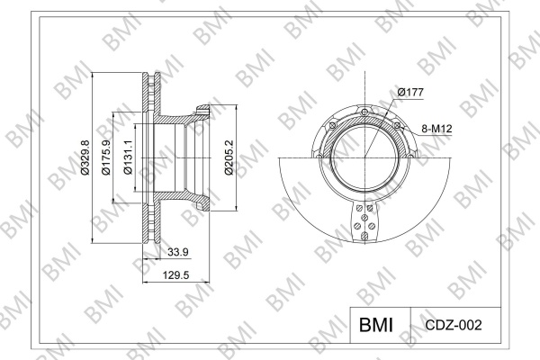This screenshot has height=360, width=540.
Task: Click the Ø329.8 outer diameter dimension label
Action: [85, 157]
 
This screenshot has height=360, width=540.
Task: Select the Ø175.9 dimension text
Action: [106, 157]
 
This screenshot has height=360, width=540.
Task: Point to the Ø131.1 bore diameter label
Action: [128, 157]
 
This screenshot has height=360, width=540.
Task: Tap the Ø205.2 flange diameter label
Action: [229, 157]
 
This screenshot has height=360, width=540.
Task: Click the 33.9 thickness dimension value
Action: [178, 252]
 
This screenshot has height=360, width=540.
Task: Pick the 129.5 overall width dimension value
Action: [176, 275]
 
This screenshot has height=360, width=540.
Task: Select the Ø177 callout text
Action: [410, 93]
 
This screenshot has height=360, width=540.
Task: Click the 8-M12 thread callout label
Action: [436, 129]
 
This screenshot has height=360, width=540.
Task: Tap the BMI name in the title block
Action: [376, 325]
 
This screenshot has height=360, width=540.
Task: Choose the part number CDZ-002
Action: [454, 325]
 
